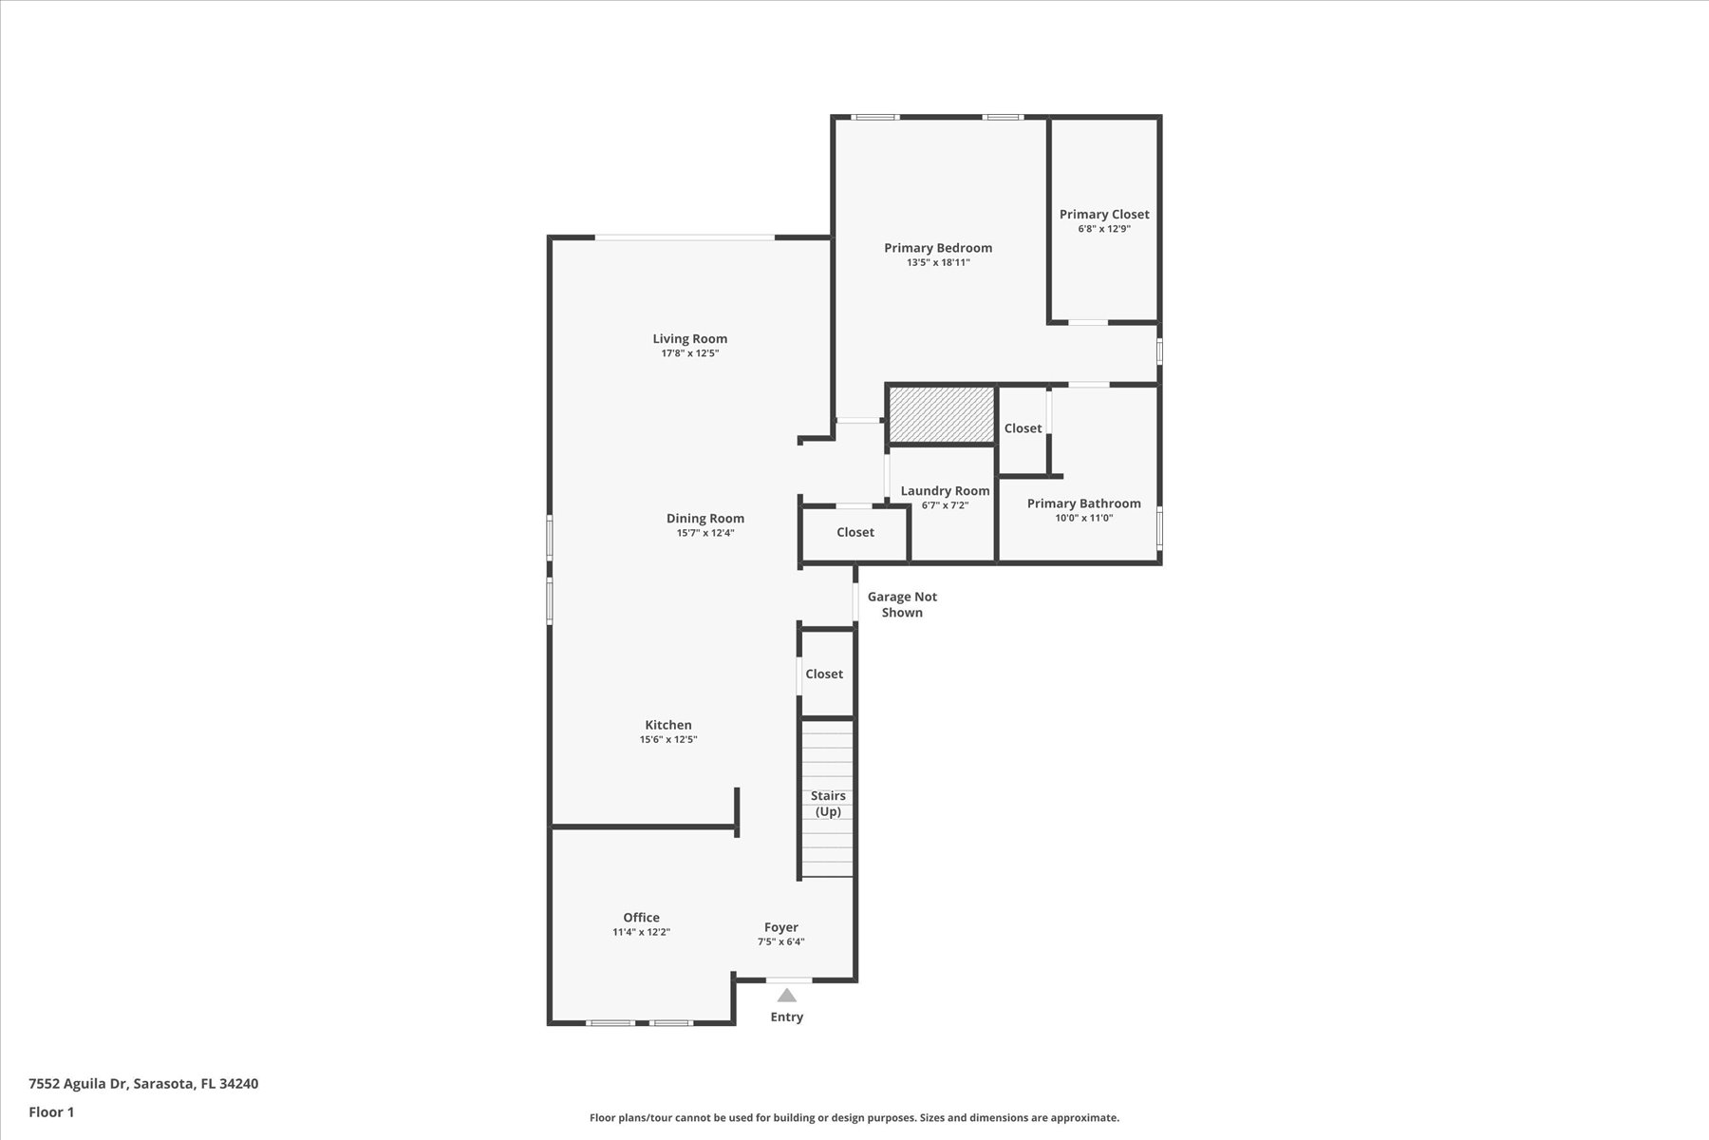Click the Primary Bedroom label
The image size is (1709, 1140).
938,248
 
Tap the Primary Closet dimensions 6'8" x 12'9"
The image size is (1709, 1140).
1104,229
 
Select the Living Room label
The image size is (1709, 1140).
690,338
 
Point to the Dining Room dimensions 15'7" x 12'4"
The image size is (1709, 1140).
705,533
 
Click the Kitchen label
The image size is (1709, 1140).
668,725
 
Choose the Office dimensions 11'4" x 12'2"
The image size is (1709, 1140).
642,932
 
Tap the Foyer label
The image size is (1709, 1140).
781,927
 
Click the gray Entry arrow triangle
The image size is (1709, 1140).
787,996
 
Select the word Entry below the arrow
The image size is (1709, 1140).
787,1016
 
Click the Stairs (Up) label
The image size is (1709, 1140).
828,804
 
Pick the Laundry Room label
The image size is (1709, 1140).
945,490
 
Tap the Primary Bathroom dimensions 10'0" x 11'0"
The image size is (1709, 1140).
1083,518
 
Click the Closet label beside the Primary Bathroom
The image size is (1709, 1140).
1023,428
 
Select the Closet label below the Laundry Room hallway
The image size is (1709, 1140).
855,532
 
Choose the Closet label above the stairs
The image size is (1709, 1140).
824,674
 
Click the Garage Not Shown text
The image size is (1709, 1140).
902,604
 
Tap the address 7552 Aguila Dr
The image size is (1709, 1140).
78,1083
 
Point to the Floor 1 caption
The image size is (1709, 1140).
51,1111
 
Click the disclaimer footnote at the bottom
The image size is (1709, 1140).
854,1118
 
